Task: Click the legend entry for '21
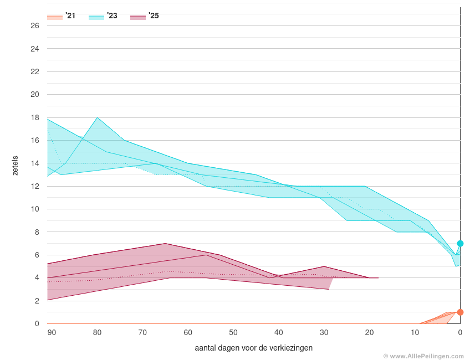[62, 16]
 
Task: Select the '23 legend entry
[104, 16]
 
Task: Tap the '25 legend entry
[145, 16]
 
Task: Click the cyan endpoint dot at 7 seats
[460, 244]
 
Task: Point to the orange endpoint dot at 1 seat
[460, 312]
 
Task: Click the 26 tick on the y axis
[35, 26]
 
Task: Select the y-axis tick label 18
[35, 117]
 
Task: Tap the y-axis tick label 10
[35, 209]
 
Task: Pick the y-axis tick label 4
[37, 278]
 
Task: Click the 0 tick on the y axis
[37, 324]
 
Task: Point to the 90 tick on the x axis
[52, 332]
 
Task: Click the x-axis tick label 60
[188, 332]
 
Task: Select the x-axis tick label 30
[324, 332]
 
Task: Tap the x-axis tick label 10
[415, 332]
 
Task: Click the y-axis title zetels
[16, 165]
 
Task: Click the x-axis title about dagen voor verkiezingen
[253, 348]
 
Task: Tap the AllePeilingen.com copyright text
[423, 356]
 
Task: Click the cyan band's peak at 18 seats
[98, 117]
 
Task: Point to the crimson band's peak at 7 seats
[165, 244]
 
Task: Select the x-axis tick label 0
[460, 332]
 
